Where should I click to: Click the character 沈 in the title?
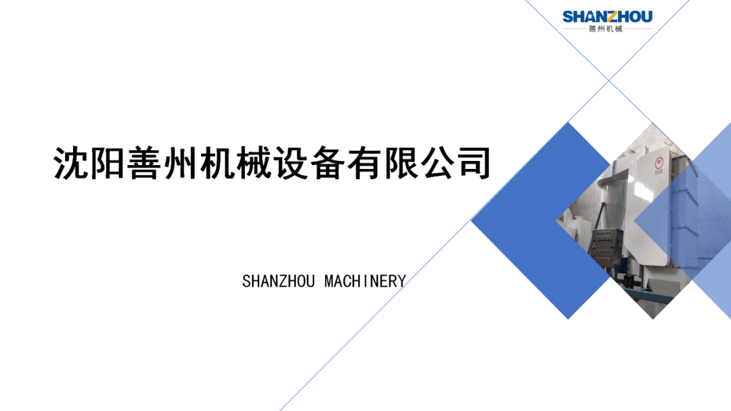pyautogui.click(x=70, y=163)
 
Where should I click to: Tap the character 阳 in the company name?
pyautogui.click(x=107, y=163)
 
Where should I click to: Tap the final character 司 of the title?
pyautogui.click(x=474, y=163)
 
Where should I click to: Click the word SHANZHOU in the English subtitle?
pyautogui.click(x=278, y=281)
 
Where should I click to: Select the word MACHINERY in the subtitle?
pyautogui.click(x=365, y=281)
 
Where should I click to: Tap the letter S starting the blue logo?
pyautogui.click(x=569, y=17)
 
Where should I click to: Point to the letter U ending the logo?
pyautogui.click(x=646, y=17)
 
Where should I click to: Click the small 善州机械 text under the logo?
pyautogui.click(x=606, y=29)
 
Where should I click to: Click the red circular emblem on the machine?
pyautogui.click(x=659, y=163)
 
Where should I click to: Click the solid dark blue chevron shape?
pyautogui.click(x=541, y=220)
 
